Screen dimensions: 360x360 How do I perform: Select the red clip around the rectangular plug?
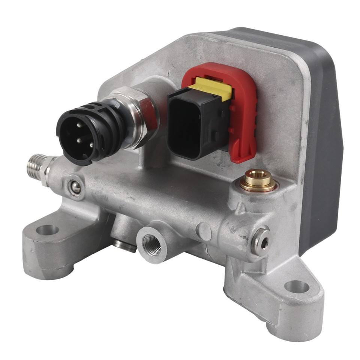click(x=240, y=112)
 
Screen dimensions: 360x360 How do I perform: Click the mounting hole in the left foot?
click(x=47, y=229)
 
